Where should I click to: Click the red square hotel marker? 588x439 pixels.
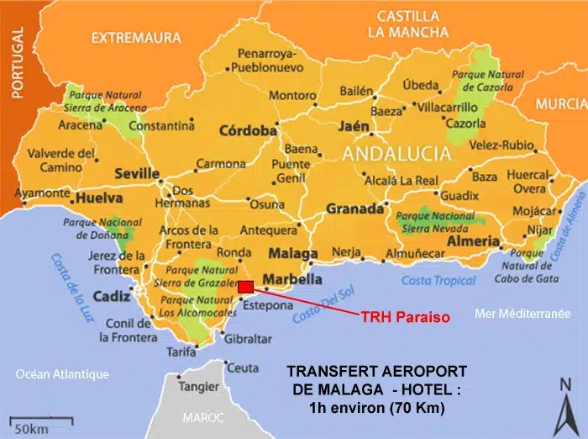tap(245, 288)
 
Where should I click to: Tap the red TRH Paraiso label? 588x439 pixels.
tap(401, 318)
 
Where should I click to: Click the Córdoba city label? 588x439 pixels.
tap(248, 131)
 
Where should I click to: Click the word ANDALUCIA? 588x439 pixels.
tap(397, 154)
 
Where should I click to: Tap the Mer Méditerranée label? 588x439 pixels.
tap(522, 314)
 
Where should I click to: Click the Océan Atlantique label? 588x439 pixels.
tap(63, 374)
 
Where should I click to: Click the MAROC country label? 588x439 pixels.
tap(206, 417)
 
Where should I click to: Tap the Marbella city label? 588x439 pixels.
tap(292, 279)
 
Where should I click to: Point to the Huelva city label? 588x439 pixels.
tap(99, 198)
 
